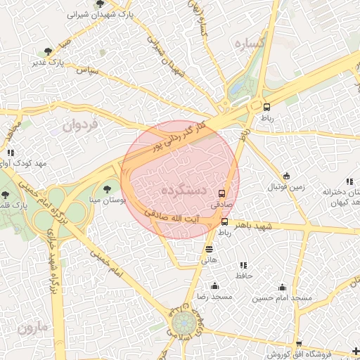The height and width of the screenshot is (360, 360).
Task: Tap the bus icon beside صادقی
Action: point(222,193)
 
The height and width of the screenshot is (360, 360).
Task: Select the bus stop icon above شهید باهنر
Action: point(225,221)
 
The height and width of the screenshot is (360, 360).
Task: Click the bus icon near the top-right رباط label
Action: point(266,107)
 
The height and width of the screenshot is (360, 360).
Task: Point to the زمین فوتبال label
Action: point(286,188)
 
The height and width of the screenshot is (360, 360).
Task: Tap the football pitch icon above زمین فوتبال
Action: point(286,176)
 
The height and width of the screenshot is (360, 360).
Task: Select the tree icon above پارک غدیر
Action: point(48,51)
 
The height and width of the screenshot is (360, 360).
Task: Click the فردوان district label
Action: point(77,127)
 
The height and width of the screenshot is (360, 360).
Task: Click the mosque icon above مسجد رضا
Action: point(214,285)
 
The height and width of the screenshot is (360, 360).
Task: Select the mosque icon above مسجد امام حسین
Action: point(282,286)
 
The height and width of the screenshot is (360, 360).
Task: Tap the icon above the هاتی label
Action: point(209,248)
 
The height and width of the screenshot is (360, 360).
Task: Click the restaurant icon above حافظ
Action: point(243,265)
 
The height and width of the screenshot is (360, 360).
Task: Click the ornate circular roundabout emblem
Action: point(185,324)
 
